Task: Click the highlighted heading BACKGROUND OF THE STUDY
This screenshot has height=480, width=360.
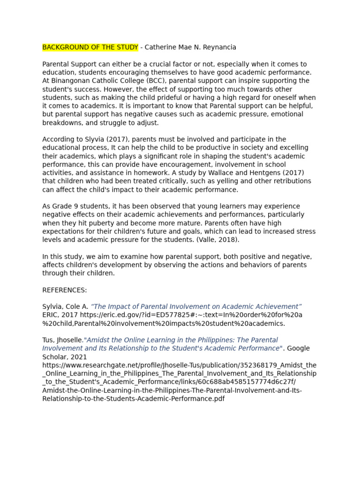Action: pos(90,47)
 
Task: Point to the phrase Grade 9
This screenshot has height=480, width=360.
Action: pos(65,207)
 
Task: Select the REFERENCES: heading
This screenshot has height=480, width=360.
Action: pos(65,291)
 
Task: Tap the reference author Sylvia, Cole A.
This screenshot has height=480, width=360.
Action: pos(65,307)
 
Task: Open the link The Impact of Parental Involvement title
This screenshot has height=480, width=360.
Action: pos(196,307)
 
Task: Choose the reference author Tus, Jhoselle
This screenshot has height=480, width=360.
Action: pos(63,340)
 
